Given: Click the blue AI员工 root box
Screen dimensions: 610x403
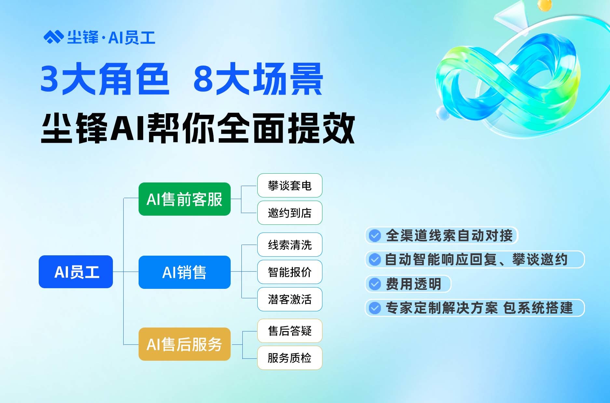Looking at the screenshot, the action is [x=76, y=272].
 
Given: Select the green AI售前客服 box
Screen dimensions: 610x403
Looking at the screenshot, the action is [x=184, y=199].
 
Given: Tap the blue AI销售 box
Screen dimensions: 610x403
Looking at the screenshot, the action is [x=184, y=272].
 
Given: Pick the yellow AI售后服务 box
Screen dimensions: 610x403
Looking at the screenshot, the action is [x=184, y=344].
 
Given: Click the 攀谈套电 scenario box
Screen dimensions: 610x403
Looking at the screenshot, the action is [x=290, y=185].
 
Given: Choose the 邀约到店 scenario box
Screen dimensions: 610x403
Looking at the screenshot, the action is [x=290, y=213].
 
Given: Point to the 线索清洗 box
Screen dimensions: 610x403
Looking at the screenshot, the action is [x=290, y=245].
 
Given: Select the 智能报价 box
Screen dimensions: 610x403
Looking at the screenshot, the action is [x=290, y=272].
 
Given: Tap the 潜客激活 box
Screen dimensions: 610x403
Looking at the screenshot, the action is [x=290, y=299].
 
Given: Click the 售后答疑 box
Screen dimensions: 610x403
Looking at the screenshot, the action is [x=290, y=331].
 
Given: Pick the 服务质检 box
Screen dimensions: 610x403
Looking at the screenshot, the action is [x=290, y=358].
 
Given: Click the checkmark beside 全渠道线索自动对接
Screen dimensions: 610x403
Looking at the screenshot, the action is [x=375, y=235].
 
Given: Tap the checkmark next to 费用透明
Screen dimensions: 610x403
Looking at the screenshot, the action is [x=375, y=284].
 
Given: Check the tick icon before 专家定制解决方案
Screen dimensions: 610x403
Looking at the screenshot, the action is [x=375, y=308].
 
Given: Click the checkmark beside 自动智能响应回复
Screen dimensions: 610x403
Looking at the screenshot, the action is [x=375, y=260].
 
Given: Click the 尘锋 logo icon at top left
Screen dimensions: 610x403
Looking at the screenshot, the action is [x=53, y=37].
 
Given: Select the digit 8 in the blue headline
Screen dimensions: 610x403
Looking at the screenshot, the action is [x=203, y=78].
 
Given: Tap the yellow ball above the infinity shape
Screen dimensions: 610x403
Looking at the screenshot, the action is [x=545, y=5].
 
